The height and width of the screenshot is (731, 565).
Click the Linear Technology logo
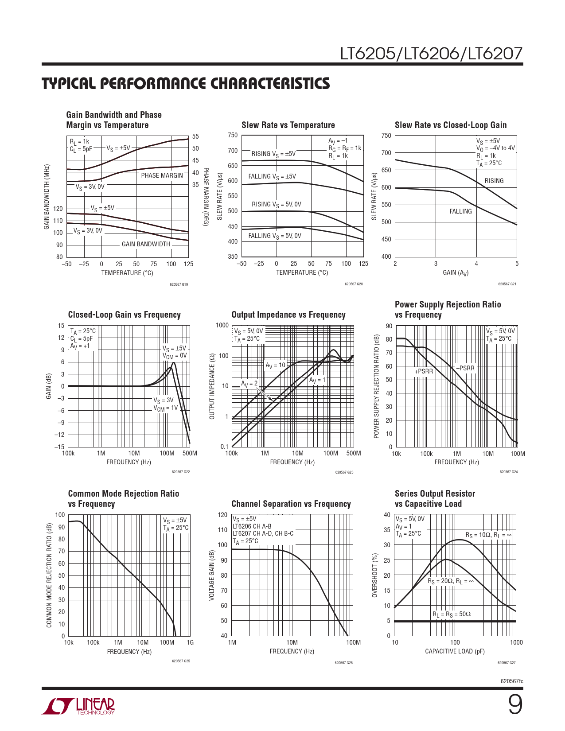click(78, 706)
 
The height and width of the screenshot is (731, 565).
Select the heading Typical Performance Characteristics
click(186, 83)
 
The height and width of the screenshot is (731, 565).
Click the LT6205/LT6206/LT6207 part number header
click(431, 54)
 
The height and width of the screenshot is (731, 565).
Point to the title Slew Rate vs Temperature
click(288, 125)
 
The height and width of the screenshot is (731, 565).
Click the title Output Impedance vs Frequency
click(288, 315)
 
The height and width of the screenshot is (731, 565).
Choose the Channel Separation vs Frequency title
click(291, 504)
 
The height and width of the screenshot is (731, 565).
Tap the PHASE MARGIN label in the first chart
click(162, 175)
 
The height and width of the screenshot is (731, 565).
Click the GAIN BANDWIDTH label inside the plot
click(146, 244)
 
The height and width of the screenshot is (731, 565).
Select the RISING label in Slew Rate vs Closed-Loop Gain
click(494, 181)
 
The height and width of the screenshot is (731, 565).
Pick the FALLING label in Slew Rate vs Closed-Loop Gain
click(460, 211)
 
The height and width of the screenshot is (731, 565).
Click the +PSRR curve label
click(424, 371)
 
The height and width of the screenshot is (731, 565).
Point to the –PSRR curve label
click(465, 368)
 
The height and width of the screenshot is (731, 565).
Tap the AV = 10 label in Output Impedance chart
click(276, 365)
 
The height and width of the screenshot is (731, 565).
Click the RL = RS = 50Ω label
click(452, 614)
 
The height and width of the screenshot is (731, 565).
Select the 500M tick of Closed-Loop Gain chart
click(190, 453)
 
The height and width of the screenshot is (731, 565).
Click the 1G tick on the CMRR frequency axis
click(190, 642)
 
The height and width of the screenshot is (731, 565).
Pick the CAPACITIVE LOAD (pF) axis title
click(455, 651)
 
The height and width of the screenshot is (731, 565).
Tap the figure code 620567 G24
click(508, 472)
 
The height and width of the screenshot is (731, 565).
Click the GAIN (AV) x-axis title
click(456, 272)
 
